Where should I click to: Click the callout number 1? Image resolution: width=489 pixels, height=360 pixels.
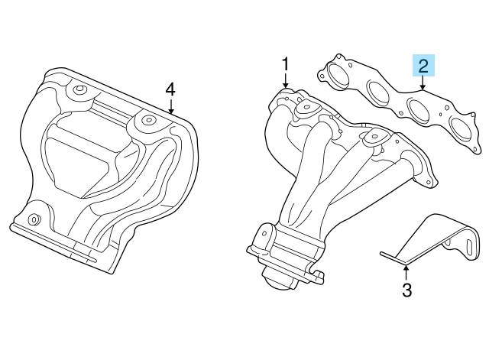tap(285, 64)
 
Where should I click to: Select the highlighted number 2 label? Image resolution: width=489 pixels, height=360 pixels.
tap(423, 66)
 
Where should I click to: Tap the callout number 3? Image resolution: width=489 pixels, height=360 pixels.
tap(406, 290)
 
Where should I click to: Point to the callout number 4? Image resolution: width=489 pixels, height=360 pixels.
tap(170, 90)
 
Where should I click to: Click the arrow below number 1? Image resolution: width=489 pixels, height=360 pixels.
tap(285, 80)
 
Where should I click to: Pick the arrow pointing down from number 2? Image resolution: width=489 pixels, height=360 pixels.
tap(423, 83)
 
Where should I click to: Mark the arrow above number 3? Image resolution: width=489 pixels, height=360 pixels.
tap(406, 271)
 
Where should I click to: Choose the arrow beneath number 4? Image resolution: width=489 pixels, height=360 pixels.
tap(170, 105)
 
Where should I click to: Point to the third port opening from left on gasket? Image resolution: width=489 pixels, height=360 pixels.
tap(419, 109)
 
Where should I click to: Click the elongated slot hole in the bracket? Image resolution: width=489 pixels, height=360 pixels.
tap(470, 248)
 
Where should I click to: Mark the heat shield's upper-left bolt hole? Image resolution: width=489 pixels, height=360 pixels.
tap(78, 89)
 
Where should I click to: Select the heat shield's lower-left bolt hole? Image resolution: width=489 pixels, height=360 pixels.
tap(33, 219)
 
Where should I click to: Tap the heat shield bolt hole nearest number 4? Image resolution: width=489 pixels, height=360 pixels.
tap(147, 119)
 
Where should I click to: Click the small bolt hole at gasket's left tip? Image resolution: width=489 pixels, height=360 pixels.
tap(322, 75)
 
